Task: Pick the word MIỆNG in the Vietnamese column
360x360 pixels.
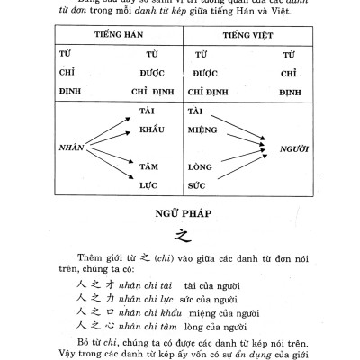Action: click(203, 128)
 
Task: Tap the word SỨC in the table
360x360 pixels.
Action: click(198, 184)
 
